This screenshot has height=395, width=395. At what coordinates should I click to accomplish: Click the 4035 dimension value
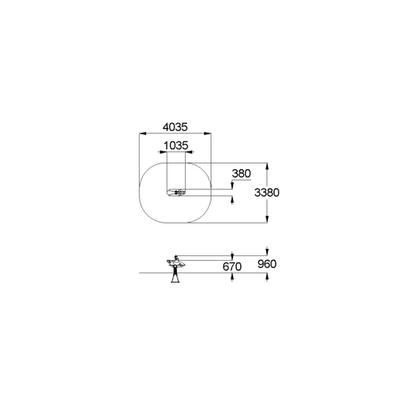click(175, 127)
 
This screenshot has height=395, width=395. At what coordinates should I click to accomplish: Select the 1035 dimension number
click(176, 145)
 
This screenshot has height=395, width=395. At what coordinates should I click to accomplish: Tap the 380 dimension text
click(241, 174)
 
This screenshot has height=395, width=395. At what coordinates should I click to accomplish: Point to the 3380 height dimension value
click(266, 193)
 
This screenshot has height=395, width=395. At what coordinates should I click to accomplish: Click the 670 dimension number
click(231, 267)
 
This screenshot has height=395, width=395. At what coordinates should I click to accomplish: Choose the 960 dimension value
click(267, 264)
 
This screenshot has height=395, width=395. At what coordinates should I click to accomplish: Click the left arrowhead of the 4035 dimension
click(142, 134)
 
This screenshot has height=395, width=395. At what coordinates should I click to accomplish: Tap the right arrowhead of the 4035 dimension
click(208, 134)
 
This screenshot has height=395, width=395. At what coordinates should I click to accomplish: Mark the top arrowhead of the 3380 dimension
click(267, 167)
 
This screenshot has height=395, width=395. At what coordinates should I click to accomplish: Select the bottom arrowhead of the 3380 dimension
click(267, 220)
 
